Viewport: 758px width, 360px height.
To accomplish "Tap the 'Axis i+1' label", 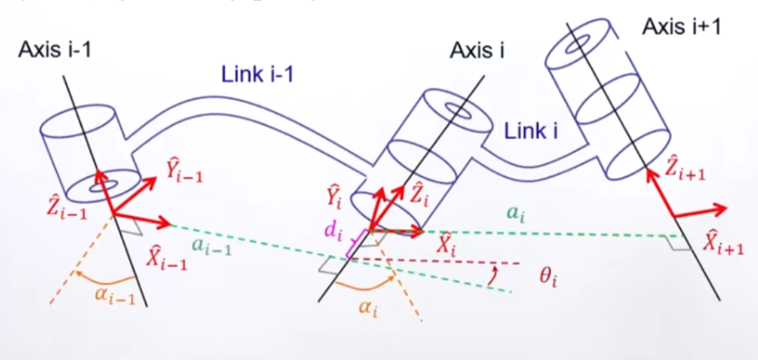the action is click(x=681, y=27).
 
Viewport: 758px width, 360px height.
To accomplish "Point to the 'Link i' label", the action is click(x=530, y=132).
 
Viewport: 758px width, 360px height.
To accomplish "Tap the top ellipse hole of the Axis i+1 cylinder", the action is click(x=575, y=46).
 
